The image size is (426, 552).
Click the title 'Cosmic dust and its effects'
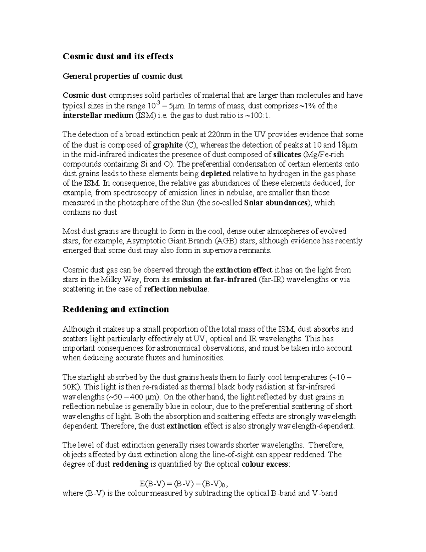click(x=118, y=56)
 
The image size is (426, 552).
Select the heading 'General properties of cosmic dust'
click(x=122, y=76)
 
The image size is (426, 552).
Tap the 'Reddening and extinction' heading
click(x=116, y=309)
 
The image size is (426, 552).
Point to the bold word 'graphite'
click(x=168, y=145)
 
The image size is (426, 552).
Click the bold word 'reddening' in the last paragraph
click(x=130, y=464)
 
